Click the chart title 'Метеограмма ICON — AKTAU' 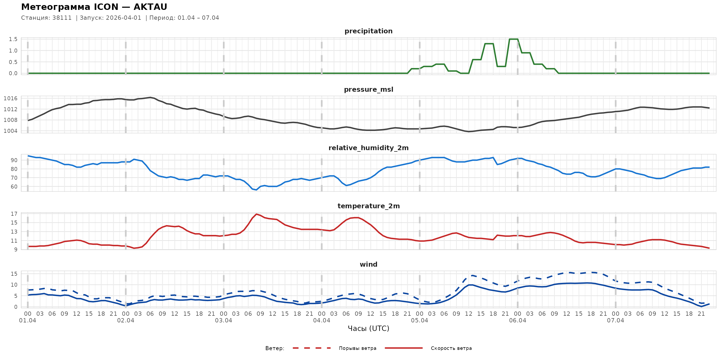[94, 7]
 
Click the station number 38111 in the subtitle [62, 18]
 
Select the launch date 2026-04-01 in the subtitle [123, 18]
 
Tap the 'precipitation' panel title [368, 31]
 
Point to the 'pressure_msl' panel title [368, 89]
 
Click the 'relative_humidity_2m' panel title [368, 148]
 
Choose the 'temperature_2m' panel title [368, 206]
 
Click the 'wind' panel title [368, 265]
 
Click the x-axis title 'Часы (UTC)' [368, 329]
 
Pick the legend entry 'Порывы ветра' [358, 348]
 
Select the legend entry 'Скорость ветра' [451, 348]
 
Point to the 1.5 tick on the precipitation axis [13, 39]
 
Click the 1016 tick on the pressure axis [11, 98]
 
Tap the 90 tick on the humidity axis [14, 160]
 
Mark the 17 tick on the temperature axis [14, 214]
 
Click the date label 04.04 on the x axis [321, 321]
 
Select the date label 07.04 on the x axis [615, 321]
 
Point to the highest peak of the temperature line [256, 214]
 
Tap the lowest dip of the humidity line [256, 190]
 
